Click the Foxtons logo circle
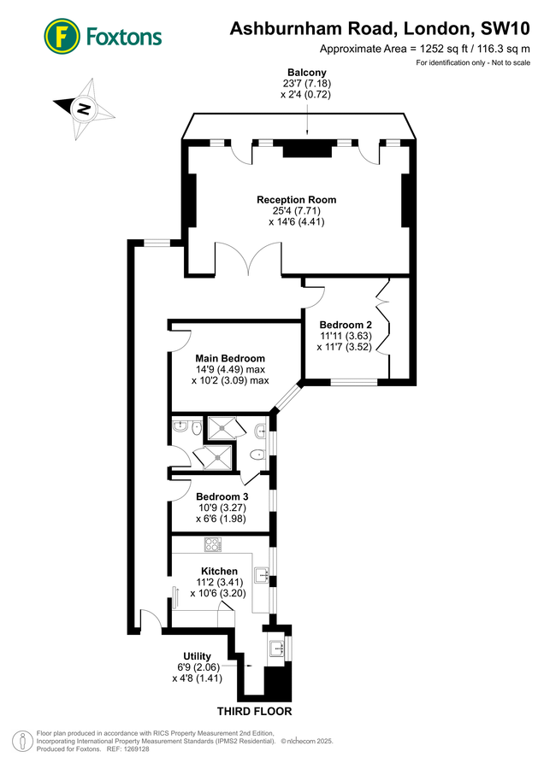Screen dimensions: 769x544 [62, 36]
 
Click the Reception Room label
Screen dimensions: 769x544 [297, 200]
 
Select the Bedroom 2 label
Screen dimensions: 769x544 [346, 325]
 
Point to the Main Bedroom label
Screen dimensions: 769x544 [230, 358]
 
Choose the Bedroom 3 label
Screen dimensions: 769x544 [222, 496]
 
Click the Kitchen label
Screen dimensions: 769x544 [219, 571]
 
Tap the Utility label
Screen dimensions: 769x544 [197, 656]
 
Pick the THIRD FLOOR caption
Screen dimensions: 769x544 [254, 711]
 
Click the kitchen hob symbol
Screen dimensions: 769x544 [212, 544]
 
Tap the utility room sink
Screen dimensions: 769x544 [277, 648]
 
